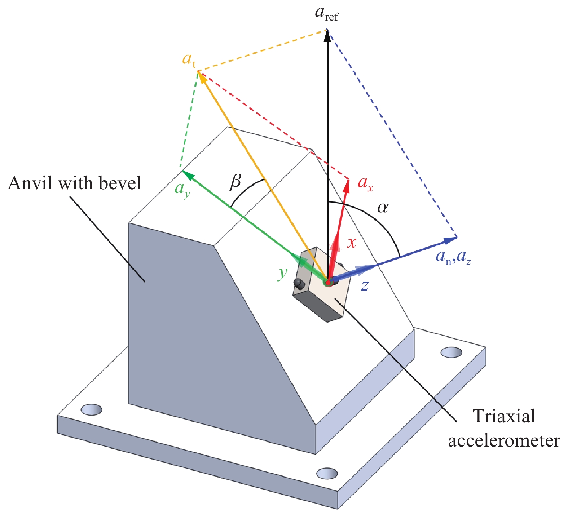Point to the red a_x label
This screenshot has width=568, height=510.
pos(365,183)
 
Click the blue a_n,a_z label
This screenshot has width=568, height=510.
pos(453,257)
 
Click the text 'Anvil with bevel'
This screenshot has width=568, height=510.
pos(75,183)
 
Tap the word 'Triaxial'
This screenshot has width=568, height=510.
pos(504,416)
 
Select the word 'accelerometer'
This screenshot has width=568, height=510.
pos(504,440)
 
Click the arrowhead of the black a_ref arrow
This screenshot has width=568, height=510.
pos(327,34)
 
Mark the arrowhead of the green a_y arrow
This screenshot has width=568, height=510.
pos(186,173)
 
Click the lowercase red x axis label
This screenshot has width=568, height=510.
pos(351,243)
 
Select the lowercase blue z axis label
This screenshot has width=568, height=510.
pos(365,286)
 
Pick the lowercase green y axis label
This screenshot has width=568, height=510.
pos(283,274)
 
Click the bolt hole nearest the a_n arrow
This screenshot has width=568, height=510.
pos(451,352)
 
